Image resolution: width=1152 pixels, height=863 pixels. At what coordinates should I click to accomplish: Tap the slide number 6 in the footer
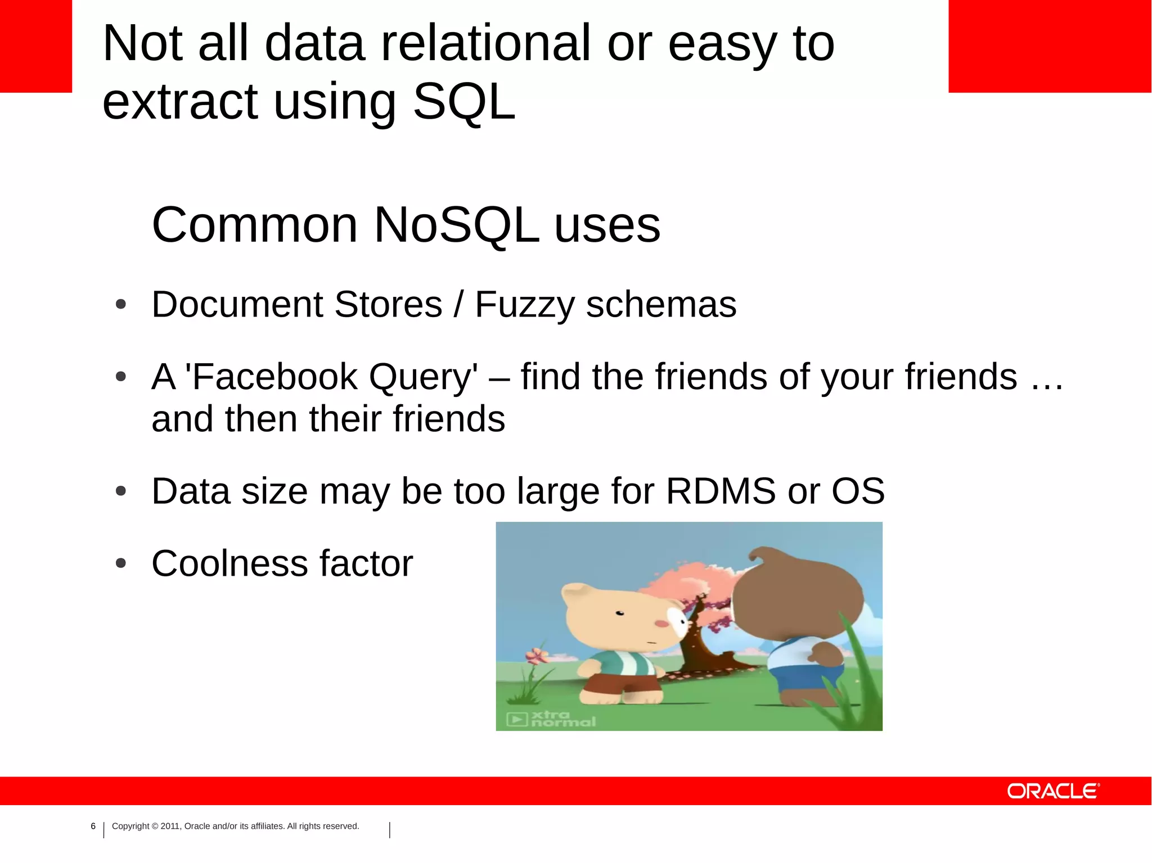coord(93,826)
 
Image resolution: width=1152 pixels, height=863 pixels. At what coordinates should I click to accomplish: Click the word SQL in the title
coord(464,102)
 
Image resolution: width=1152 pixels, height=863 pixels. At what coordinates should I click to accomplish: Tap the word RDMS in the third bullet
coord(721,491)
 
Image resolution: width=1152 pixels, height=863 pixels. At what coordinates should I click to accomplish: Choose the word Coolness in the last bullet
coord(229,563)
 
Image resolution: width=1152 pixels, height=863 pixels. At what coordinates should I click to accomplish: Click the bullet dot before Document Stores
coord(120,305)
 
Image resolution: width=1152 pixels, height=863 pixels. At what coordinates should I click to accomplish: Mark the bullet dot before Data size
coord(120,491)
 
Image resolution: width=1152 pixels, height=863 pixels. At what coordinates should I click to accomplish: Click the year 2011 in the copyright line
coord(170,826)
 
